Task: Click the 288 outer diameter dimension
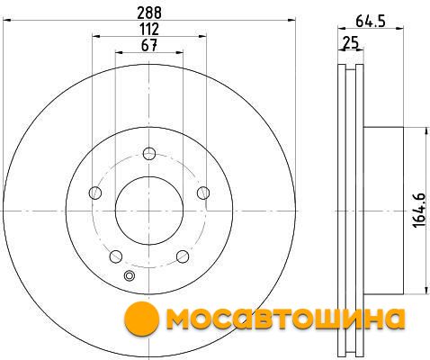149,13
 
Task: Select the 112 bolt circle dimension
149,30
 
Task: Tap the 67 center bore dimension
149,46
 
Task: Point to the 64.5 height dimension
371,22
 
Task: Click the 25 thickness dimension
351,43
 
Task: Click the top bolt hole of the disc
149,154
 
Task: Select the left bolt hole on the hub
95,193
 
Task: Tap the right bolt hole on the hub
203,193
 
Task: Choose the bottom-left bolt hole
116,256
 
